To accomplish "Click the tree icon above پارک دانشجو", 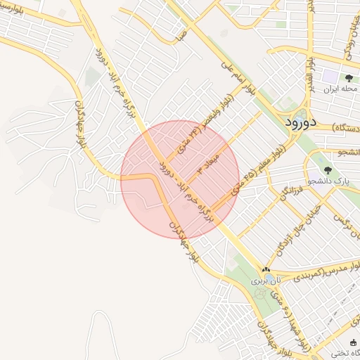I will coord(326,169).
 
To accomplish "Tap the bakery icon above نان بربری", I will coord(266,270).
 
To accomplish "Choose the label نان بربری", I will coord(267,280).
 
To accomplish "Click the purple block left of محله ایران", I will coord(329,76).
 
